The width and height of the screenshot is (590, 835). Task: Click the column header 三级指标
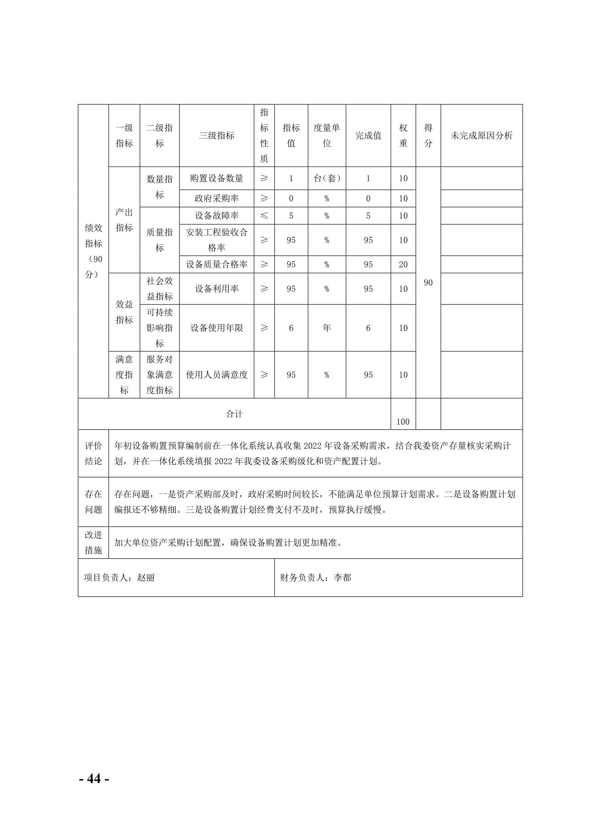click(x=216, y=136)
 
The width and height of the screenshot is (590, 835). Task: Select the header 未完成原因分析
click(x=481, y=136)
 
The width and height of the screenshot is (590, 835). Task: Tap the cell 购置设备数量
click(x=216, y=178)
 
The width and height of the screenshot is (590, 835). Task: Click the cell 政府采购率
click(x=216, y=198)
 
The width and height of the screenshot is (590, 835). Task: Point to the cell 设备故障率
click(x=216, y=216)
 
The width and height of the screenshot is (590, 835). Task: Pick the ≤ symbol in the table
click(x=264, y=216)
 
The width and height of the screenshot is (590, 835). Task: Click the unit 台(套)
click(x=327, y=178)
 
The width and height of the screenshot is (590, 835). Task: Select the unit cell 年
click(x=327, y=328)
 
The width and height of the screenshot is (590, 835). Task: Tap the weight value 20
click(x=403, y=264)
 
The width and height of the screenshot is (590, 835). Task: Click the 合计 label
click(x=234, y=414)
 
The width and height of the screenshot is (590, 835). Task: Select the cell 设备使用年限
click(x=216, y=328)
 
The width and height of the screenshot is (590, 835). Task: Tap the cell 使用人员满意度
click(x=216, y=375)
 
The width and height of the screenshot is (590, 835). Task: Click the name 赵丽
click(x=146, y=578)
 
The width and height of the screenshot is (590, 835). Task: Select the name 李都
click(x=342, y=578)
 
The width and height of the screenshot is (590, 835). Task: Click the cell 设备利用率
click(x=216, y=289)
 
